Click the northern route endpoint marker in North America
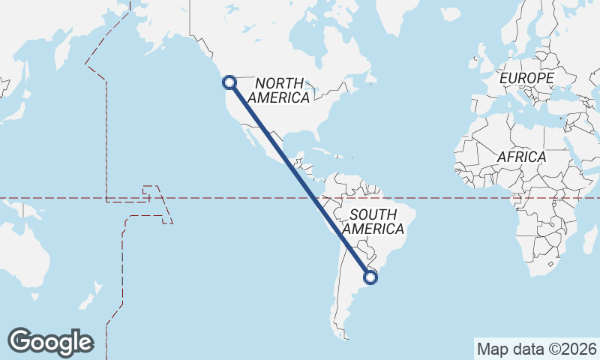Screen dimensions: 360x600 coord(229,82)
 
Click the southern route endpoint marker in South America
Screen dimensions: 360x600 coord(370,277)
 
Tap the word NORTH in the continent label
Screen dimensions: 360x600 coord(279,83)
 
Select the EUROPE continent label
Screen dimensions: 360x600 coord(526,78)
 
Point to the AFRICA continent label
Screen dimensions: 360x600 coord(521,157)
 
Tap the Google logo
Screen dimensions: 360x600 coord(50,342)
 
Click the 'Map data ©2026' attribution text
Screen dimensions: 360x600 coord(536,349)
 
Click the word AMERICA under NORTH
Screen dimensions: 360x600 coord(278,97)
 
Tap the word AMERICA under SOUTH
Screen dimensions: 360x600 coord(373,229)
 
